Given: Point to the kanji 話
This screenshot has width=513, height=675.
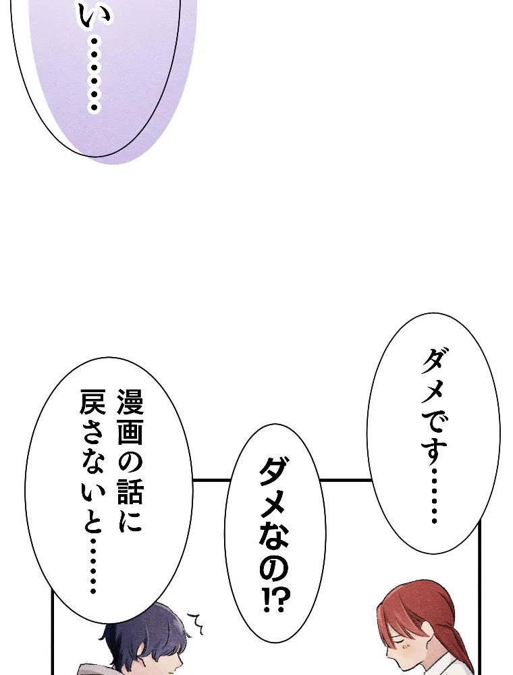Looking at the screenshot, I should [x=129, y=494].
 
